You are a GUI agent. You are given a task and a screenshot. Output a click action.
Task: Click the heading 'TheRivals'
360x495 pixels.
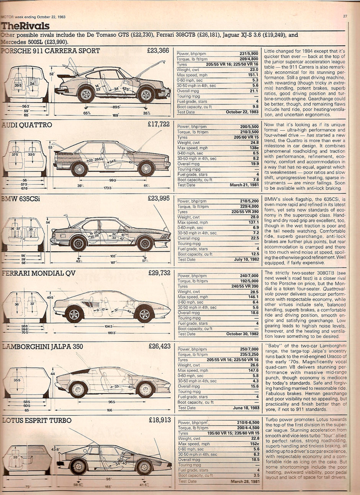pos(25,26)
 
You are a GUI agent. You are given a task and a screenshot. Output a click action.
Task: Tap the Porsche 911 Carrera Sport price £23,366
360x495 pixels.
pos(158,51)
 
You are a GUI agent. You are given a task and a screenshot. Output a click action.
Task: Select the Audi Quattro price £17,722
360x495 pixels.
pos(158,125)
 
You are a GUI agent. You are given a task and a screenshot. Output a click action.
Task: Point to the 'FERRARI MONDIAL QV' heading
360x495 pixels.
pos(39,273)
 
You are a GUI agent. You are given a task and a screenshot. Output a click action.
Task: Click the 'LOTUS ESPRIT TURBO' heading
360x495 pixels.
pos(37,421)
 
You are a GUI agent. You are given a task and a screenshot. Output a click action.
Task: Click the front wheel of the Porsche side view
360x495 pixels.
pos(146,94)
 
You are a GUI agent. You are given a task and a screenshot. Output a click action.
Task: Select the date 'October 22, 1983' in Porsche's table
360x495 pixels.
pos(242,112)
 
